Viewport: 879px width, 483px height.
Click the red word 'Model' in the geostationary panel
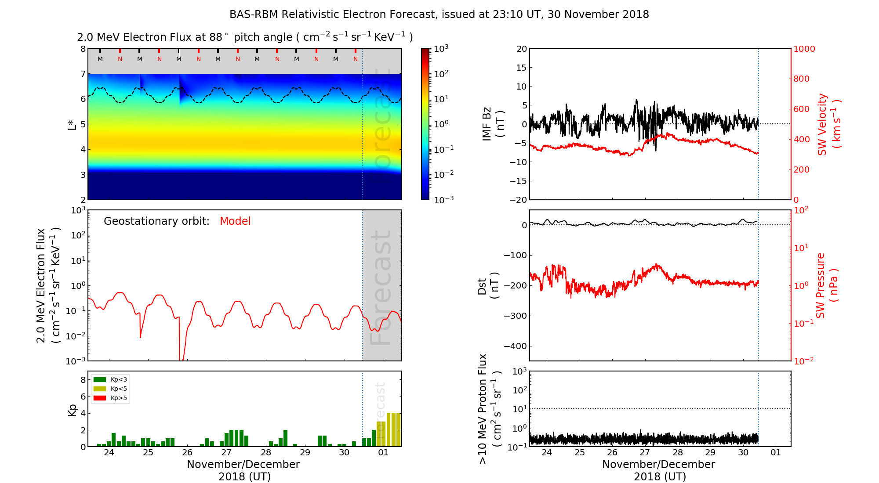pos(235,221)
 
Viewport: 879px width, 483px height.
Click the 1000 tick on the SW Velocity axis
pos(804,49)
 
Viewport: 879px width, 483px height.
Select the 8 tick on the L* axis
pos(83,49)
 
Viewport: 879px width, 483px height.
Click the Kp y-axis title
pos(73,410)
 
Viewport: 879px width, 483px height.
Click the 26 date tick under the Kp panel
pos(187,453)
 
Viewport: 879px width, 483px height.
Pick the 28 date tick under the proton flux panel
pos(678,453)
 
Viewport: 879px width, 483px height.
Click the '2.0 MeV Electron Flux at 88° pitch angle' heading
pos(244,37)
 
